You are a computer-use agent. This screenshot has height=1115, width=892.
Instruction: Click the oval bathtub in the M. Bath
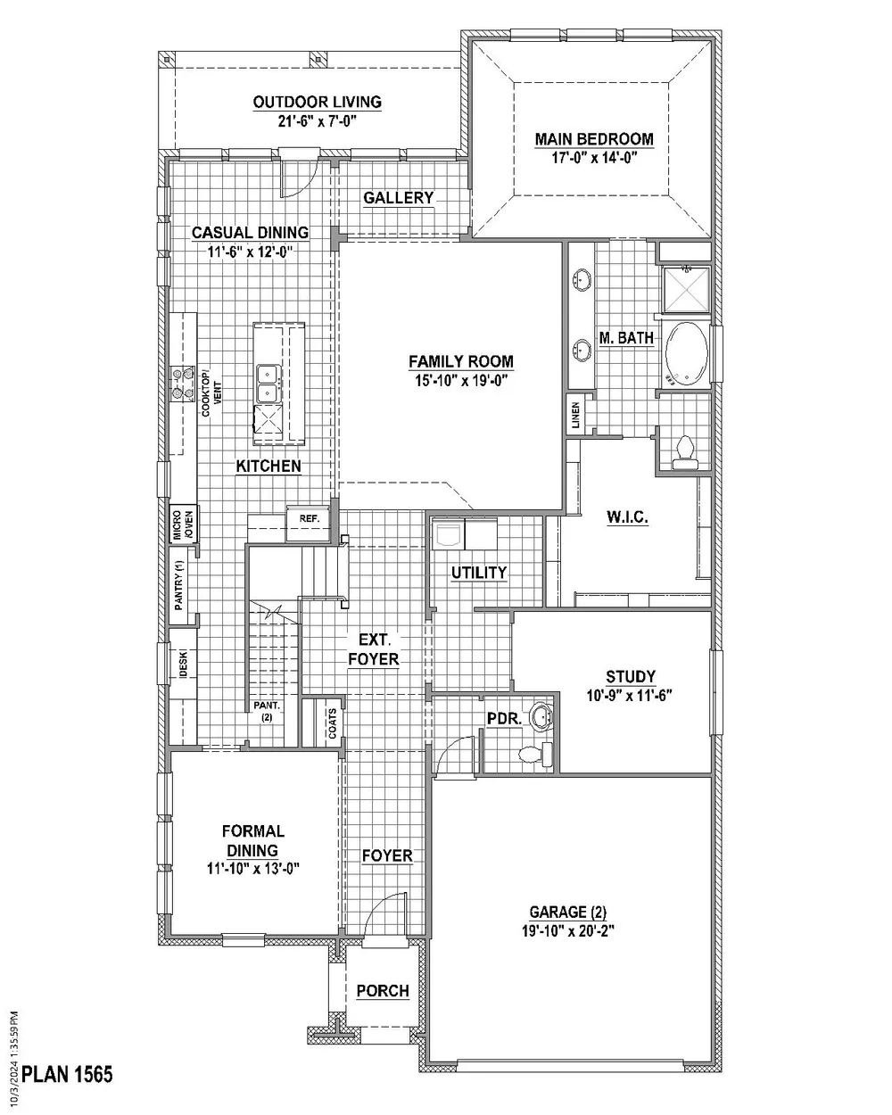686,354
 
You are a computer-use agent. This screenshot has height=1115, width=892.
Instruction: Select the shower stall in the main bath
686,290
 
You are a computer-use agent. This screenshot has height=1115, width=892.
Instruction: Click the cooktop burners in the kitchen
183,384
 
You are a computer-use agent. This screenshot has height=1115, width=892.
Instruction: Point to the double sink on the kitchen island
268,384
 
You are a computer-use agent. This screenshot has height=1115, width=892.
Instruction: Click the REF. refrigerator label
310,518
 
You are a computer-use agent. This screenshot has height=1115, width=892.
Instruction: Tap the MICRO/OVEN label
183,524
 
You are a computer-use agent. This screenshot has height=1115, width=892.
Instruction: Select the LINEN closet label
575,416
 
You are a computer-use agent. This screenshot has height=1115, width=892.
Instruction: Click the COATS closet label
332,723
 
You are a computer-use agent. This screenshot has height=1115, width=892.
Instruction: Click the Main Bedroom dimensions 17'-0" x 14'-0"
594,158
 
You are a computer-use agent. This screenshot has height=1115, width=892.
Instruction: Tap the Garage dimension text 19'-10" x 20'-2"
567,931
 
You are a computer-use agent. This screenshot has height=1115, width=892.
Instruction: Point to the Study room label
631,677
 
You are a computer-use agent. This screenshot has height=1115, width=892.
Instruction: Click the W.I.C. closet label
627,516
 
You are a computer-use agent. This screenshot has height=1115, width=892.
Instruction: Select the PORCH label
383,991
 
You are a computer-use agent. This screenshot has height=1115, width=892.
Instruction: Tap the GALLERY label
398,197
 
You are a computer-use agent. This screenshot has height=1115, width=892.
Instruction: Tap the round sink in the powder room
541,717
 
